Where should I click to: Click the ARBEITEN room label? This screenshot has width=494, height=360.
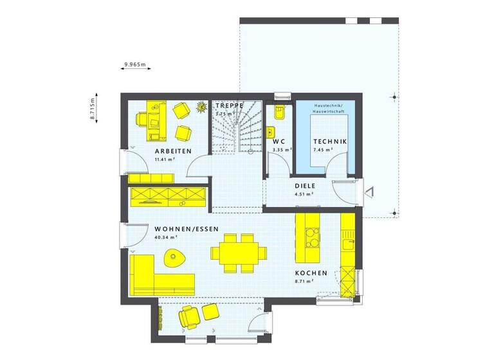tap(173, 151)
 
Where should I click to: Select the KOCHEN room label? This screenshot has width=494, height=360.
tap(311, 273)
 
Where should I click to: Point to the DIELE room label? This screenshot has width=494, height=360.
tap(304, 186)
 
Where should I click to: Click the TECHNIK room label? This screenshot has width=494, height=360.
tap(330, 141)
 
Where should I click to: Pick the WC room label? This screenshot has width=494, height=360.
tap(279, 141)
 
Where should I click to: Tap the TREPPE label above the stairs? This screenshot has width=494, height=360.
tap(229, 105)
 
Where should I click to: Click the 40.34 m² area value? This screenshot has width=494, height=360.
tap(166, 237)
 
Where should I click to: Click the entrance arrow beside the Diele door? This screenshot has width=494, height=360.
tap(368, 190)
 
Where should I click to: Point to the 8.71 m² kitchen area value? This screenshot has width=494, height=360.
tap(302, 281)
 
